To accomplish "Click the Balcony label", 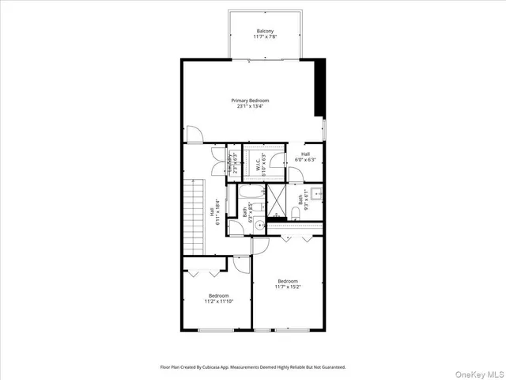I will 265,31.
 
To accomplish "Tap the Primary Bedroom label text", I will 250,101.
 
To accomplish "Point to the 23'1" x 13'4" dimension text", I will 250,107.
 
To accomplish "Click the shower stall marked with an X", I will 278,201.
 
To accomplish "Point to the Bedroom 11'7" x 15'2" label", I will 287,283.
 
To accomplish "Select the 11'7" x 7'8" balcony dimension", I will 265,37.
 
